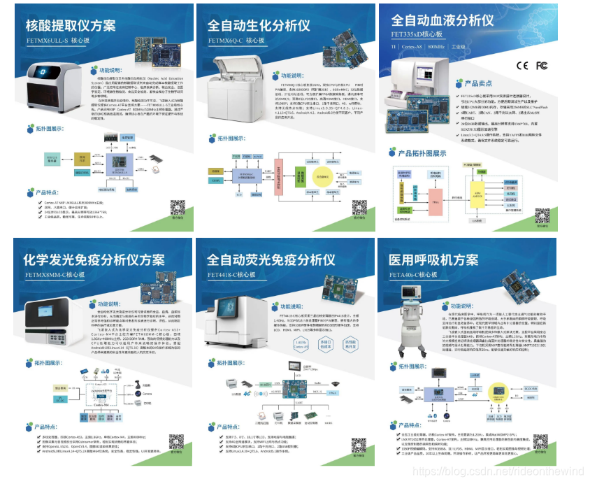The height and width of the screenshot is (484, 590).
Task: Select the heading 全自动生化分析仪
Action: pos(259,27)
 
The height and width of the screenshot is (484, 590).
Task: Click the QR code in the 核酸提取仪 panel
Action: pos(178,206)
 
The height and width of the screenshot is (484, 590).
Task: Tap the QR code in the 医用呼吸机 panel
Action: pos(540,441)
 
